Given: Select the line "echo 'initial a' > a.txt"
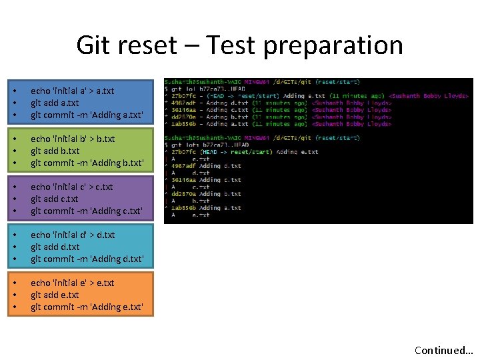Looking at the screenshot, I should pos(72,91).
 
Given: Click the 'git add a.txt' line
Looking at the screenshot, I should pos(55,103).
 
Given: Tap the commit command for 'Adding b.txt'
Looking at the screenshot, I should pos(87,163).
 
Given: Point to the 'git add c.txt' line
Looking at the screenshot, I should pos(55,199).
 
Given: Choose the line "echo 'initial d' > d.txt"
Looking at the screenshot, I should pos(73,235).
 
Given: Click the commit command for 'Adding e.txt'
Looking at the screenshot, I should pos(87,307).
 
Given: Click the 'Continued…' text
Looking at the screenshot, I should pos(443,350).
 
